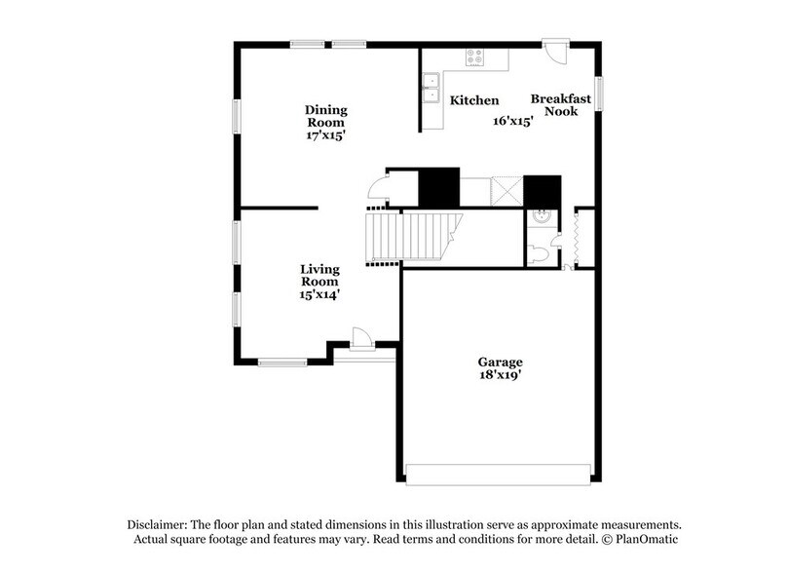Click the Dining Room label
pyautogui.click(x=325, y=116)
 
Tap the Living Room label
pyautogui.click(x=319, y=275)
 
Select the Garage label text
pyautogui.click(x=500, y=362)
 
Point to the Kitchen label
pyautogui.click(x=474, y=100)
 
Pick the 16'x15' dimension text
pyautogui.click(x=512, y=122)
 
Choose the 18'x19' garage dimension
pyautogui.click(x=500, y=375)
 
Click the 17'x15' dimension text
pyautogui.click(x=325, y=136)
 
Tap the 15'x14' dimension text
pyautogui.click(x=319, y=294)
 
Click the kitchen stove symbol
pyautogui.click(x=474, y=58)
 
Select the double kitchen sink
pyautogui.click(x=430, y=90)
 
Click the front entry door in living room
pyautogui.click(x=361, y=337)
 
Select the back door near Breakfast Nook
pyautogui.click(x=554, y=51)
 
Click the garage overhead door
pyautogui.click(x=499, y=475)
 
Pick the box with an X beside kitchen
pyautogui.click(x=507, y=190)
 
